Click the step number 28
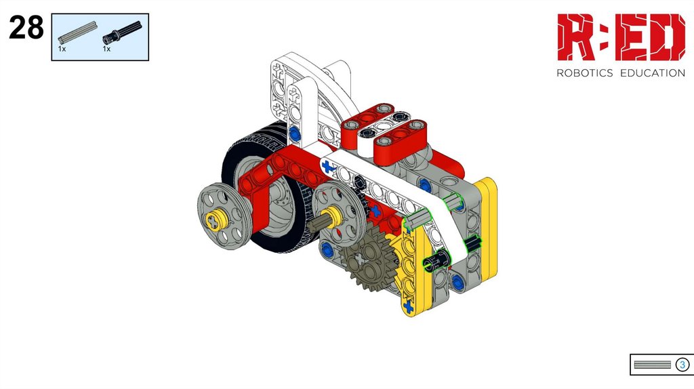click(26, 27)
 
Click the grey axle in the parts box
click(78, 33)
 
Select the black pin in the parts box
click(122, 33)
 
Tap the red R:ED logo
click(621, 37)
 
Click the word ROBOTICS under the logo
click(585, 73)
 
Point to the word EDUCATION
click(653, 73)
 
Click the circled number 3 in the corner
click(682, 365)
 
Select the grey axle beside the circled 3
click(653, 365)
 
